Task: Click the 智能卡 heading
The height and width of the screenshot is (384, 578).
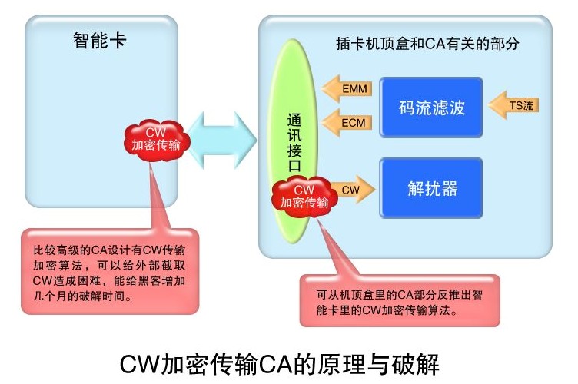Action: pos(99,41)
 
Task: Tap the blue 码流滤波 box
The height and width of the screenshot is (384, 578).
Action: pos(431,108)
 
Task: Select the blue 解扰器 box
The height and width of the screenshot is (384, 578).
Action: pos(431,188)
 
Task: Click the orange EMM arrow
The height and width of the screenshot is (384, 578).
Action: pos(347,89)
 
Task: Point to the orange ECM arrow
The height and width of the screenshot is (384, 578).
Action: pos(347,123)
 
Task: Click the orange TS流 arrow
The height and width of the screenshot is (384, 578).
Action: pos(513,105)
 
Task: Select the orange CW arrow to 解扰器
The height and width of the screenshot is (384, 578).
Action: pos(353,190)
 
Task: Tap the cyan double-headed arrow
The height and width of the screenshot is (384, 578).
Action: pos(221,141)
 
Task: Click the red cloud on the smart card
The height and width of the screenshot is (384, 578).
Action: pos(157,141)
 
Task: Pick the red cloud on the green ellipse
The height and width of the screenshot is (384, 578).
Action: pos(304,197)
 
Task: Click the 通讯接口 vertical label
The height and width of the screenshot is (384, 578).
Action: pos(294,143)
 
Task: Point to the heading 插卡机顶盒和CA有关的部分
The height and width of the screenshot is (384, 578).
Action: pos(427,44)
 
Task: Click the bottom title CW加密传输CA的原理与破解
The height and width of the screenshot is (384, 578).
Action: pos(280,365)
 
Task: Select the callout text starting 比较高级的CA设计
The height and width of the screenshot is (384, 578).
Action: pos(109,273)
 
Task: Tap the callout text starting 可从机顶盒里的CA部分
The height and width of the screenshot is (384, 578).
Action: pos(400,303)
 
